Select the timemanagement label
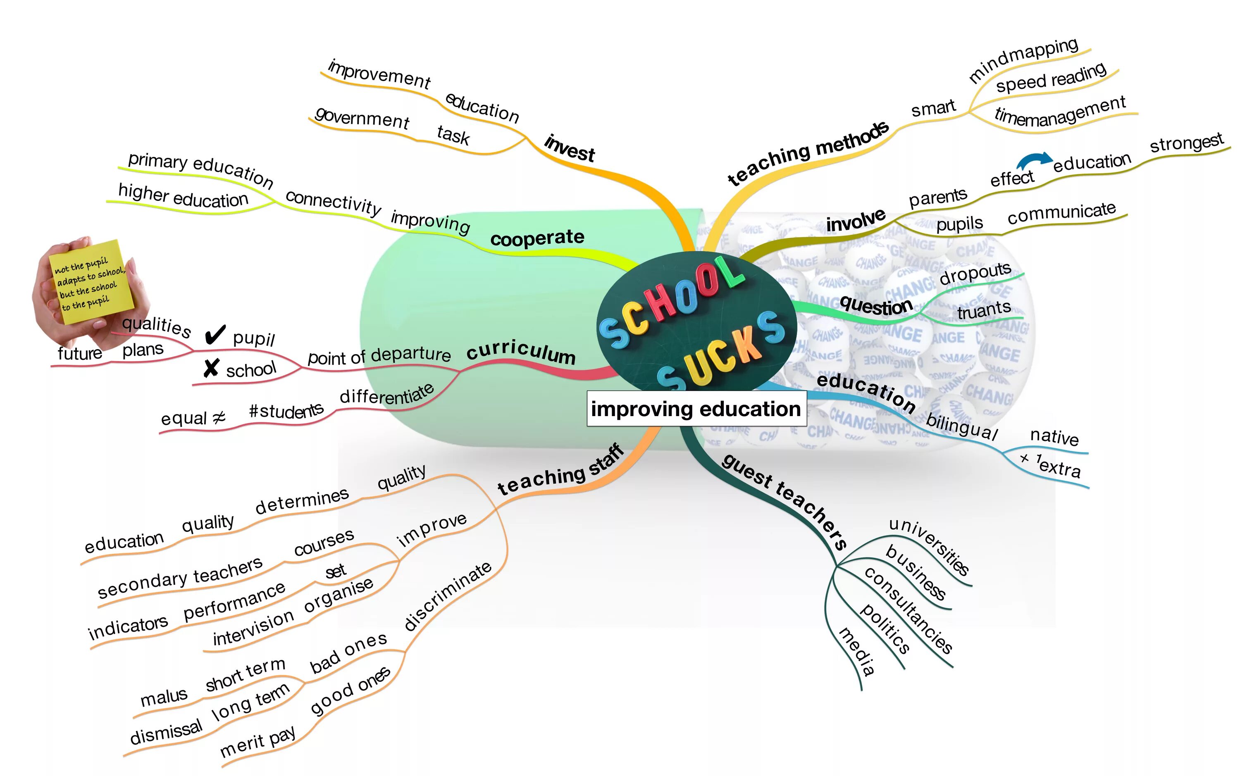[x=1059, y=112]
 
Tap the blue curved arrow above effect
[x=1033, y=161]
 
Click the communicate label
[x=1061, y=213]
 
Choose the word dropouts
[x=975, y=274]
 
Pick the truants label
[x=983, y=310]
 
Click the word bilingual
[x=962, y=426]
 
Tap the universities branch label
[x=929, y=546]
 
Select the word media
[x=856, y=651]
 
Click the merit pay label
[x=257, y=741]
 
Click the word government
[x=362, y=118]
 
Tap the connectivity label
[x=333, y=202]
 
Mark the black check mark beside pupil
[x=215, y=335]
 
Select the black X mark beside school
[x=211, y=368]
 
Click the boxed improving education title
[x=696, y=409]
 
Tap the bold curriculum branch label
[x=520, y=351]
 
